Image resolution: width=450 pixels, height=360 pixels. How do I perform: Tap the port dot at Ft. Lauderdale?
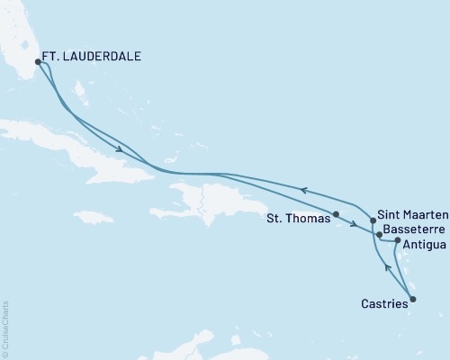(x=38, y=62)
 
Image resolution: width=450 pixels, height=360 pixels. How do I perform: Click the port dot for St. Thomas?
(x=336, y=214)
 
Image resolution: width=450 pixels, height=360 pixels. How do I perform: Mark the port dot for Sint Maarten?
(x=373, y=220)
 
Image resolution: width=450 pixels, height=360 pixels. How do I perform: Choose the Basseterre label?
(x=415, y=229)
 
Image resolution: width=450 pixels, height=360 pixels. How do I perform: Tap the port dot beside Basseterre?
(x=380, y=234)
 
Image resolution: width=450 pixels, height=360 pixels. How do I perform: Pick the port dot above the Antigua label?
(x=398, y=240)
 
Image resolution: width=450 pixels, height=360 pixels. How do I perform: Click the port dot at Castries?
(x=413, y=299)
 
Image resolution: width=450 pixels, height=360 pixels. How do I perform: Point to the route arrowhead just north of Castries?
(x=388, y=267)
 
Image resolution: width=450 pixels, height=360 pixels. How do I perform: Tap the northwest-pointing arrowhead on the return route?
(x=304, y=189)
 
